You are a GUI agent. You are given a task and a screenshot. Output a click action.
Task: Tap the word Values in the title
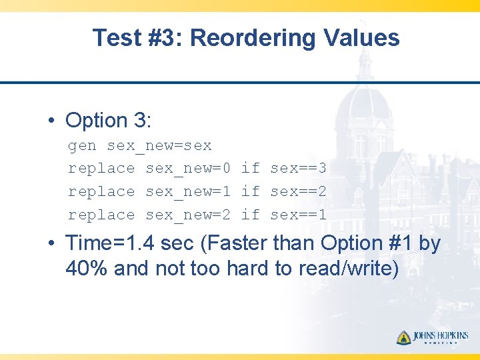coord(362,38)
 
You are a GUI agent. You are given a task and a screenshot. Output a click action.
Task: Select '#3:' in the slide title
coord(163,38)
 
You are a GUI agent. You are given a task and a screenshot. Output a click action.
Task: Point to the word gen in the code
coord(82,145)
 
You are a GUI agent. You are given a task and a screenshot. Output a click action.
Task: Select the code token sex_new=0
coord(188,169)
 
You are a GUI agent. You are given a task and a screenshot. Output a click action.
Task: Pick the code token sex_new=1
coord(188,192)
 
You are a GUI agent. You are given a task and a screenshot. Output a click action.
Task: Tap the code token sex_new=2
coord(188,215)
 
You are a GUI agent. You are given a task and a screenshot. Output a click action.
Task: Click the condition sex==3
coord(298,169)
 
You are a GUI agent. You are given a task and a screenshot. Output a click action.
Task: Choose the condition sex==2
coord(298,192)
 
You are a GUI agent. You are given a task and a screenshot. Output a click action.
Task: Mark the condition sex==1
coord(298,215)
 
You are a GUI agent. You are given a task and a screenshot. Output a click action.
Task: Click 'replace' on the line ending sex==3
coord(101,169)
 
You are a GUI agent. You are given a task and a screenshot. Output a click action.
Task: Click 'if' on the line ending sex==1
coord(250,215)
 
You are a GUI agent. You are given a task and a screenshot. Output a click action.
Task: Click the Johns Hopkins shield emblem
coord(403,337)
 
